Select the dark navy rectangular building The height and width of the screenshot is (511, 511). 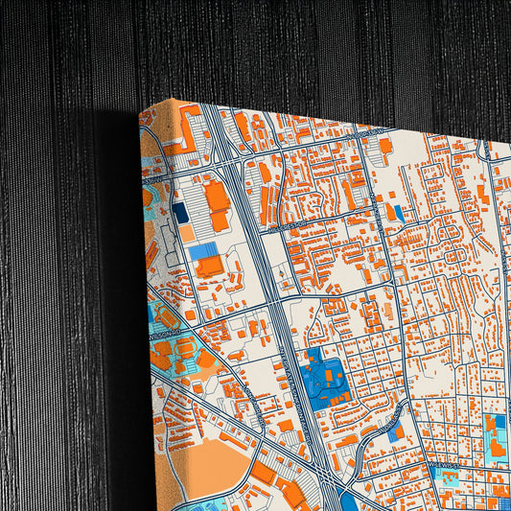point(180,213)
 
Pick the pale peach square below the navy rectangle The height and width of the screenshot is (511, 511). point(186,233)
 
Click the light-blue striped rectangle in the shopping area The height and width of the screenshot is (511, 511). point(202,251)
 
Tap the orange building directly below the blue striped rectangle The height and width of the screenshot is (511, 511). point(210,267)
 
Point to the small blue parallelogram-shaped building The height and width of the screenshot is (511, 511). point(393,212)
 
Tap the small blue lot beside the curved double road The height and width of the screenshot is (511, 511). point(397,432)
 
